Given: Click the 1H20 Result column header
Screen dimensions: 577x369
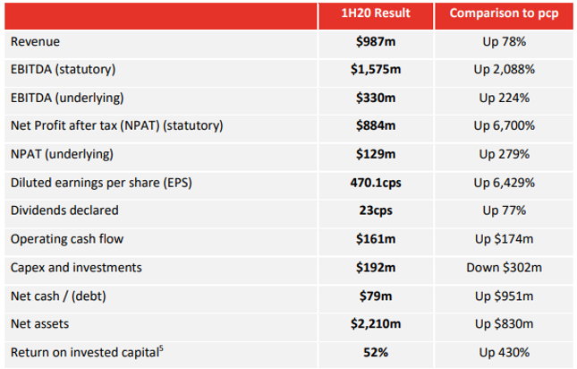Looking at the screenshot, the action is point(376,13).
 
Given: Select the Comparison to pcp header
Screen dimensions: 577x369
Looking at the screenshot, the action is point(504,13).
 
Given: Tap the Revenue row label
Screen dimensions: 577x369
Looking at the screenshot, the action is point(35,41).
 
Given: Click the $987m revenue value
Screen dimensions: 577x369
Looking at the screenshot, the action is point(376,41).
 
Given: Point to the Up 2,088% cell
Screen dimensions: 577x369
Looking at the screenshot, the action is point(505,70).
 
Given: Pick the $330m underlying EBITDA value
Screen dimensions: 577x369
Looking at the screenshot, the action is point(376,98).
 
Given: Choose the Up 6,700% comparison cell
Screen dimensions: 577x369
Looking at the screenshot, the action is point(505,126).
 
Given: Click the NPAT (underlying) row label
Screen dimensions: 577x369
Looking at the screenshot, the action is point(62,154).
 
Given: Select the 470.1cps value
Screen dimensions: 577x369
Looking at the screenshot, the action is point(376,183).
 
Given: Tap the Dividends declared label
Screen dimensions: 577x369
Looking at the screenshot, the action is point(64,210).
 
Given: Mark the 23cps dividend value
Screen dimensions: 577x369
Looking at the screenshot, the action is point(376,210).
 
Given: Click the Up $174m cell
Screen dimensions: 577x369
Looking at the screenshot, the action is point(505,239).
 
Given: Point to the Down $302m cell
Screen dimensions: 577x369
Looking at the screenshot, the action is point(505,268).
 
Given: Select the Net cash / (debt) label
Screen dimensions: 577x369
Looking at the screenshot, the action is point(58,296).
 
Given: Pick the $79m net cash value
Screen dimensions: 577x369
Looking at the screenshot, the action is point(376,296).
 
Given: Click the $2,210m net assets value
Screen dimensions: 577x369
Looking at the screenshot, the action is point(376,324).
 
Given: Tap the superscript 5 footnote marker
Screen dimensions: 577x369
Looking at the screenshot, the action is point(161,348).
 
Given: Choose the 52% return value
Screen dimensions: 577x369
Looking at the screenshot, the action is point(376,352).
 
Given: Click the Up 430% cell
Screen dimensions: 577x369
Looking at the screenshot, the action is point(505,352).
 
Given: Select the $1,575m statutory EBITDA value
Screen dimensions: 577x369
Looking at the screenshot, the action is point(376,70).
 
